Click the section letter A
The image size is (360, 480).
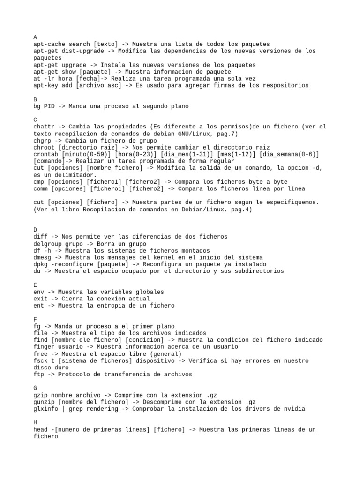coord(36,37)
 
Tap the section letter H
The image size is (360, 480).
coord(36,422)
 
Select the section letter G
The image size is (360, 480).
coord(36,388)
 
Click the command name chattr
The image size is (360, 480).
coord(44,127)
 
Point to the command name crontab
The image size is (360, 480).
coord(46,154)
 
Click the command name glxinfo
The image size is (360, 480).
coord(46,409)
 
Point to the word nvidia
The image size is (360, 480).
coord(294,409)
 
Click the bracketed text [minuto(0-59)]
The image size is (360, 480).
coord(85,154)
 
